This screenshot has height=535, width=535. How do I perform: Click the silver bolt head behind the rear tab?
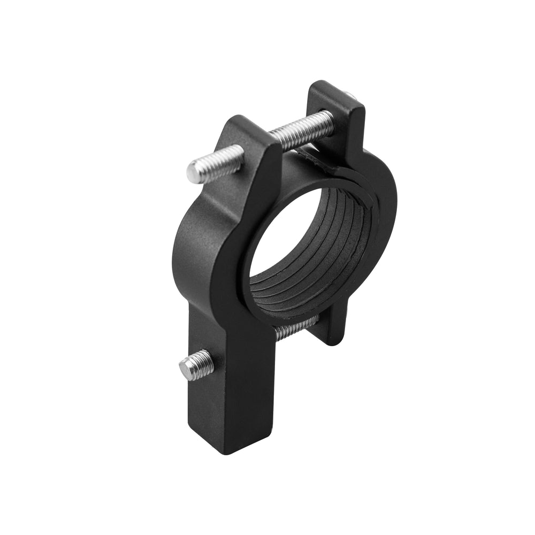click(350, 97)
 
